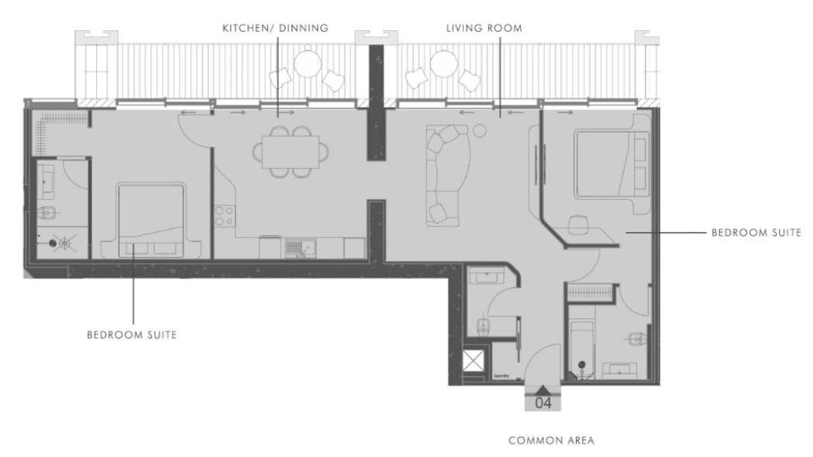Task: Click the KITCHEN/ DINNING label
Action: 275,28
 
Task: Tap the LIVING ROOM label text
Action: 484,28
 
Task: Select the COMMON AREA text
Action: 551,440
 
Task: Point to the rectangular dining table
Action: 291,150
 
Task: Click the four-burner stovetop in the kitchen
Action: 224,215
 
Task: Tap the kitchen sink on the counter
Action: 298,248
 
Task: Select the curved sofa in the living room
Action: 445,174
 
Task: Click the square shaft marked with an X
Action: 474,361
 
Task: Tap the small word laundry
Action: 501,377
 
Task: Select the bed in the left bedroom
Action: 151,221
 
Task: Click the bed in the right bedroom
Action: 610,164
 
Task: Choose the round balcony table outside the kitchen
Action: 308,64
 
